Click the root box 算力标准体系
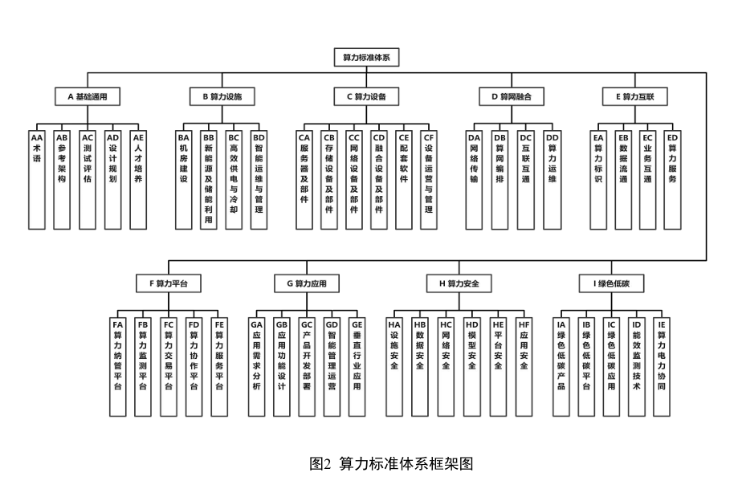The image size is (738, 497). (365, 57)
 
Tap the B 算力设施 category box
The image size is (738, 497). (222, 96)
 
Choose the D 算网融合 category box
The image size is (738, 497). (512, 96)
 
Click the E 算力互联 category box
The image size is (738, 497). (634, 96)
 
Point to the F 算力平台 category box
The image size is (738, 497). (168, 283)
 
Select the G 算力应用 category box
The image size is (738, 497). (306, 283)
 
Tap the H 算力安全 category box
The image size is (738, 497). (458, 283)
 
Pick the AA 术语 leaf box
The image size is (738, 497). (36, 177)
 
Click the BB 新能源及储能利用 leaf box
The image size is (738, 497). (209, 177)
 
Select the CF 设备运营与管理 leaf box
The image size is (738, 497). (429, 177)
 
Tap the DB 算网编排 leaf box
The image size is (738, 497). (499, 177)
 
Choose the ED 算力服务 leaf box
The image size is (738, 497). (672, 177)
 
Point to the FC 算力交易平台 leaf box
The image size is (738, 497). (168, 365)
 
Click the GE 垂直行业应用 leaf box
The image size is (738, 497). (357, 365)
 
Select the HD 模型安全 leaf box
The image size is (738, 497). (471, 365)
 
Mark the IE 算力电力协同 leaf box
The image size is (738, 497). (661, 365)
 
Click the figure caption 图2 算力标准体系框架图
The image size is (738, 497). (391, 464)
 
